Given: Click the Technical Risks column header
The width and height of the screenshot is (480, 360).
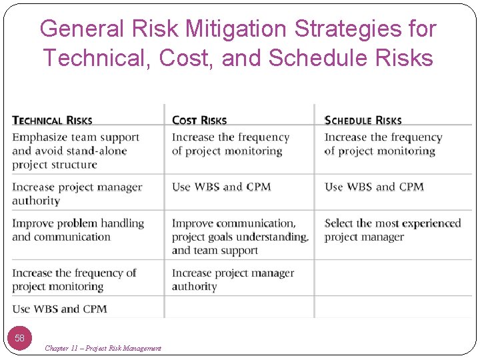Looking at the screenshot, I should (52, 121).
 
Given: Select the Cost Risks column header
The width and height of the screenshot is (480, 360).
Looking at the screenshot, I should (199, 121).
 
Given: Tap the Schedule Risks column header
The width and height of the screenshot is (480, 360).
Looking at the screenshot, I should (363, 121).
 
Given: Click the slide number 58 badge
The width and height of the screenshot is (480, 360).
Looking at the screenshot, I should (20, 338).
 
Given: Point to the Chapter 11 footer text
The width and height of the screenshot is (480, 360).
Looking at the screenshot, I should (103, 348).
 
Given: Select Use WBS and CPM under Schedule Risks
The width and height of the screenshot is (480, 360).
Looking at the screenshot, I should (374, 187).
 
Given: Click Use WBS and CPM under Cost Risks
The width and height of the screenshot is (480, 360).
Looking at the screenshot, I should (221, 187).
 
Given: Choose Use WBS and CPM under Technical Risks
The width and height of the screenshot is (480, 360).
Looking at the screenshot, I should (59, 309).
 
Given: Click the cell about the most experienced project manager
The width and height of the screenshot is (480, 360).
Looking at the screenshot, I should (392, 230).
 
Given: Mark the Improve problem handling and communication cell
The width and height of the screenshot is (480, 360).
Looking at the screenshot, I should (77, 230).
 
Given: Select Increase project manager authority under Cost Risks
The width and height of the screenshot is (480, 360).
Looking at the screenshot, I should (233, 280).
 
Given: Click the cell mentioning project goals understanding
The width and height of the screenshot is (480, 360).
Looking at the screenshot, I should (240, 237).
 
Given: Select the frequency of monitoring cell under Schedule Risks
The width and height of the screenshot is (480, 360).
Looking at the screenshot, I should (383, 144).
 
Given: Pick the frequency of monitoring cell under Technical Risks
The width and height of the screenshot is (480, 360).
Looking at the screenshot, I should (73, 280).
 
